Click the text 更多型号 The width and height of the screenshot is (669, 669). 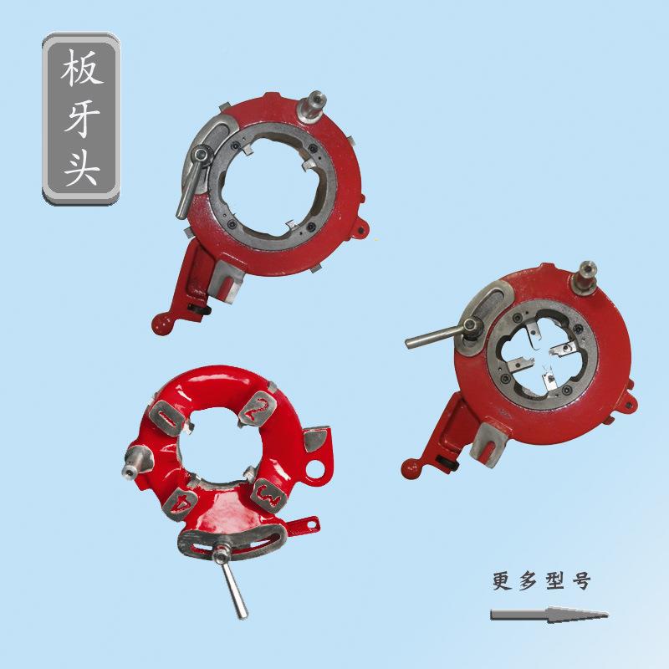(541, 581)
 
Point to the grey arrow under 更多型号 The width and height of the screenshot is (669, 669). (548, 615)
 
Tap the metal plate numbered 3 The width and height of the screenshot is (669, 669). (270, 497)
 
